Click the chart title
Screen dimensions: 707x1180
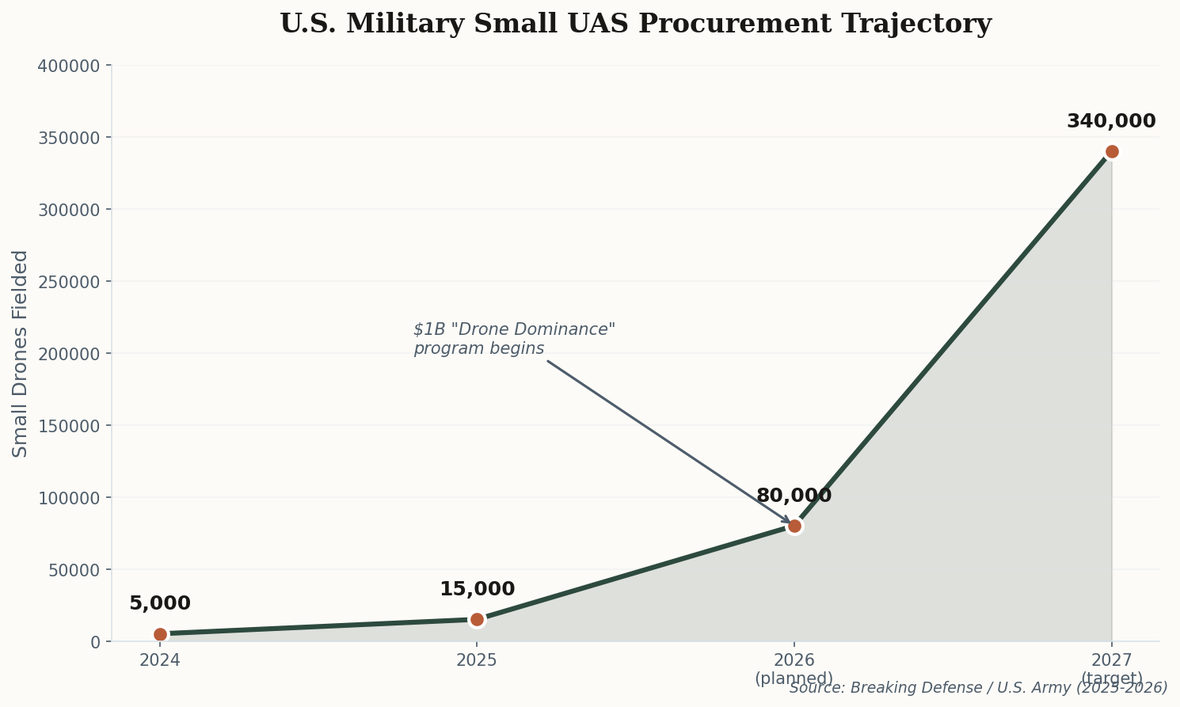[x=635, y=24]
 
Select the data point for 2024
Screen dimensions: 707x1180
[x=160, y=634]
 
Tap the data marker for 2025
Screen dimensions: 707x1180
[x=477, y=620]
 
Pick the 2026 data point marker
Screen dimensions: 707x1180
[x=794, y=526]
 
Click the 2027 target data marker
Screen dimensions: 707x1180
[x=1112, y=152]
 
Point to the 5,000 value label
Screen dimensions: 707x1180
[x=160, y=604]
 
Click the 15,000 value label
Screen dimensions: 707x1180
[x=477, y=590]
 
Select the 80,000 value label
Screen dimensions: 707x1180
[x=794, y=496]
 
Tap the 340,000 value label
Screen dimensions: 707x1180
[x=1110, y=122]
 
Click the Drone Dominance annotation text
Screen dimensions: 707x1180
[x=514, y=339]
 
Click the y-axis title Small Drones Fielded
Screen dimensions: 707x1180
[x=21, y=353]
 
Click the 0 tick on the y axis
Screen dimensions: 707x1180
[x=95, y=642]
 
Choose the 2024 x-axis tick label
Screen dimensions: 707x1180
[x=160, y=660]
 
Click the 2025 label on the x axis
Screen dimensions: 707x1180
[x=477, y=660]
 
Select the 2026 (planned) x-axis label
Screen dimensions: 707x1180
[x=794, y=669]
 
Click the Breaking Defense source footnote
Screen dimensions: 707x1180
[x=978, y=688]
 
